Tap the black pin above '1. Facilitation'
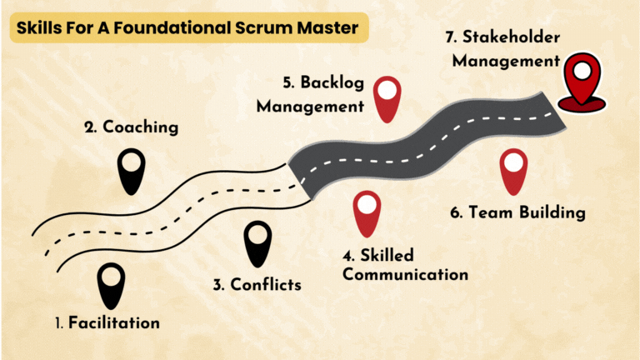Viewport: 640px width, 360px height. [x=110, y=284]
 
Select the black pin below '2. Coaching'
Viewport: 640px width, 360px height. [x=130, y=171]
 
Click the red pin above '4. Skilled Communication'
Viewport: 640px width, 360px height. [x=366, y=213]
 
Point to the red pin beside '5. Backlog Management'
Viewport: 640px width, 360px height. [x=387, y=98]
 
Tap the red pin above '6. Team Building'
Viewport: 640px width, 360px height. [x=513, y=172]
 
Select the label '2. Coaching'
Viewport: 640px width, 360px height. [x=132, y=127]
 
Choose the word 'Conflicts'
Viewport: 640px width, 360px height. [x=264, y=284]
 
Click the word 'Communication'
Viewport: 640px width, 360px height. [x=405, y=274]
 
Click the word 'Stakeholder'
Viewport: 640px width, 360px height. [x=511, y=37]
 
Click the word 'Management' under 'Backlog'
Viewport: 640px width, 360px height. [x=310, y=107]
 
